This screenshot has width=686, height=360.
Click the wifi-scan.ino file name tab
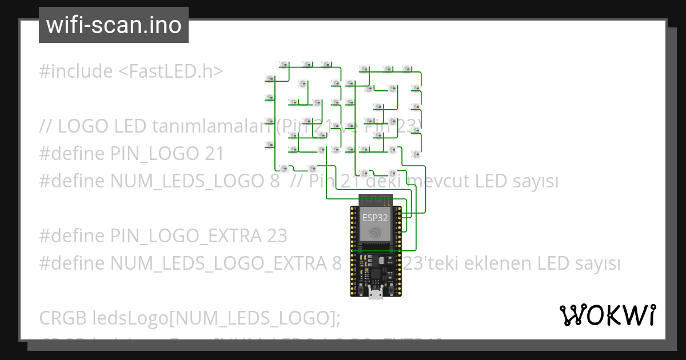(x=113, y=26)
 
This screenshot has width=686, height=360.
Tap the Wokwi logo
(x=607, y=315)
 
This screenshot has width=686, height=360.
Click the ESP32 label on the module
(x=374, y=218)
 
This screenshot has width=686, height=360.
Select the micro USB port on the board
(x=376, y=294)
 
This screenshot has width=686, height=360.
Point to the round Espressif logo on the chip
(x=375, y=233)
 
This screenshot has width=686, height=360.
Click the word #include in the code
(x=76, y=71)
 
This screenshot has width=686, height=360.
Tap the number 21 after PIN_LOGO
(x=214, y=154)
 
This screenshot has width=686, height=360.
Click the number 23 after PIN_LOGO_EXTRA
(x=277, y=236)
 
